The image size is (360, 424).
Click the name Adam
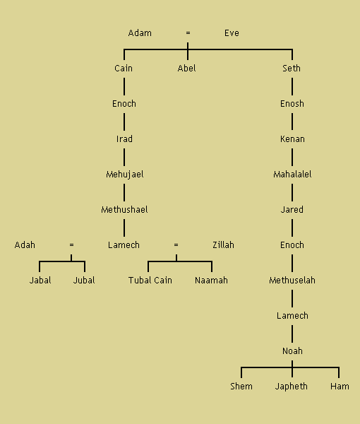click(140, 33)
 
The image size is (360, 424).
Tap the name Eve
click(232, 33)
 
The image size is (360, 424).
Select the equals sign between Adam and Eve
click(188, 33)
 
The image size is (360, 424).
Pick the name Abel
click(186, 68)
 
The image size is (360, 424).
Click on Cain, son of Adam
click(124, 68)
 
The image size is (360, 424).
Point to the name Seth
click(292, 68)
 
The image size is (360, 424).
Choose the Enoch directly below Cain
click(124, 104)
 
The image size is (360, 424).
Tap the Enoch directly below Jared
click(292, 245)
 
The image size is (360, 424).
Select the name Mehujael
click(125, 175)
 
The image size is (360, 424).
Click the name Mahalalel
click(292, 175)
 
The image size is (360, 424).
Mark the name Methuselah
click(292, 281)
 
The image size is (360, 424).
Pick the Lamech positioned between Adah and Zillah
click(124, 245)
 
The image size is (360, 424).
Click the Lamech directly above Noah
click(292, 316)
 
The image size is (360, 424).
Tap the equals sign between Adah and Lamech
click(71, 245)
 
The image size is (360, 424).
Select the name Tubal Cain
click(150, 281)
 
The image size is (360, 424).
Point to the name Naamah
click(211, 281)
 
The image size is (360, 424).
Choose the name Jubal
click(84, 281)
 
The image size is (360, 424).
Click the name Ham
click(340, 386)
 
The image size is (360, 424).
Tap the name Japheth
click(291, 387)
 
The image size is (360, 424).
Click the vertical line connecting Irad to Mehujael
click(124, 157)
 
